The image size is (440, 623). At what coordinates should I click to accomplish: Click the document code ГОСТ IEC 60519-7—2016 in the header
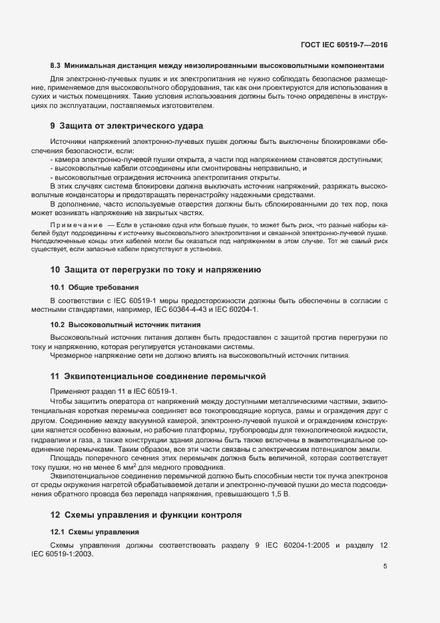coord(343,45)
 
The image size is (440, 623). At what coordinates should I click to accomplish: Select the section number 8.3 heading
coord(56,66)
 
